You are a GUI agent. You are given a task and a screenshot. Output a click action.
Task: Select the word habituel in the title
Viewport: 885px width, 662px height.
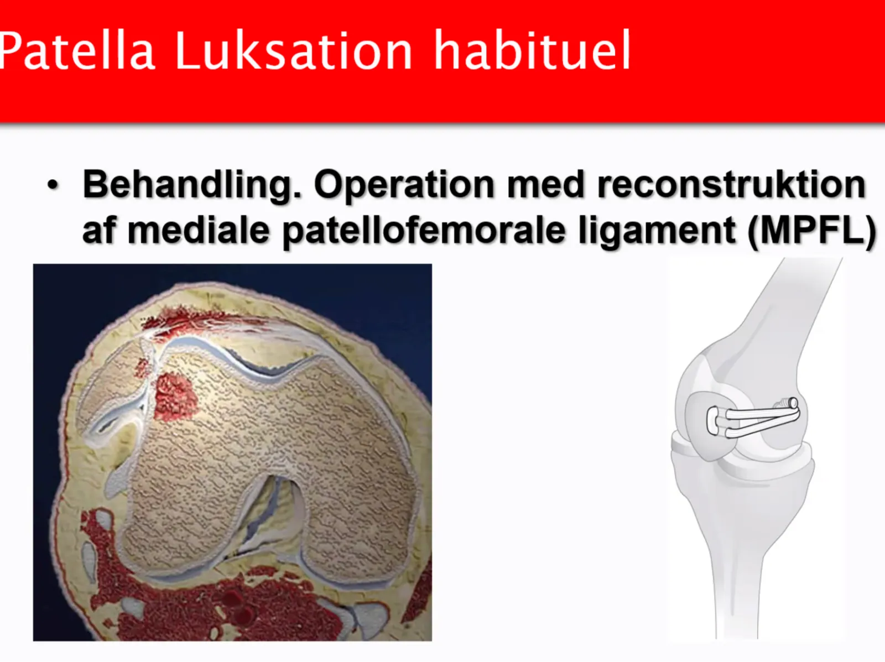click(x=532, y=50)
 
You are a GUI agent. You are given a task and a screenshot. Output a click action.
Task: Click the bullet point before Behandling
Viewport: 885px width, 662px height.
click(x=53, y=186)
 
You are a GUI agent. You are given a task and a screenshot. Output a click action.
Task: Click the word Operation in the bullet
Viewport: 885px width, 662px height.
click(x=404, y=185)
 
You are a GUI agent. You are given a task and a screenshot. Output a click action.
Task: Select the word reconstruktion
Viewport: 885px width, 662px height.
click(x=732, y=185)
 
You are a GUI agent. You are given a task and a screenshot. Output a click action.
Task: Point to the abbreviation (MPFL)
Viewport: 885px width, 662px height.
click(x=811, y=231)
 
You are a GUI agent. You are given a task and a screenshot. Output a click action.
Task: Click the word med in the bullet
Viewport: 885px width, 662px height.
click(x=546, y=185)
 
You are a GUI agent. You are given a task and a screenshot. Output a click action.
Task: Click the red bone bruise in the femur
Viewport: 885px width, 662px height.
click(x=176, y=396)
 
